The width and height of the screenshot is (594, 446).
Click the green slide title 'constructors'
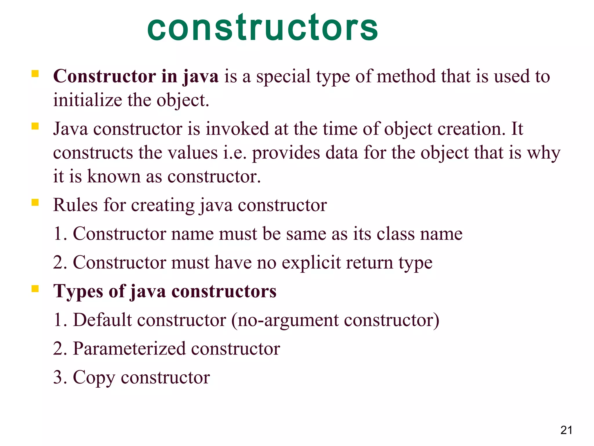(x=262, y=28)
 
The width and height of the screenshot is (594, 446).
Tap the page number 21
(x=566, y=430)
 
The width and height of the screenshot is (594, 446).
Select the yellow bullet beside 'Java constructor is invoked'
(x=35, y=126)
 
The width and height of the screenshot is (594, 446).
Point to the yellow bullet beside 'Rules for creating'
(x=35, y=202)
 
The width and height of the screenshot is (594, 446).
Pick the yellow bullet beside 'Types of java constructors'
(x=35, y=289)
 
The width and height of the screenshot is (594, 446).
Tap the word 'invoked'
(x=237, y=129)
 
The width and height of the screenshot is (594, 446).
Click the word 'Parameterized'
(x=129, y=348)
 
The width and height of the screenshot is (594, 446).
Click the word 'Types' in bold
(x=78, y=292)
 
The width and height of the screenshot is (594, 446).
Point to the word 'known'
(x=114, y=176)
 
